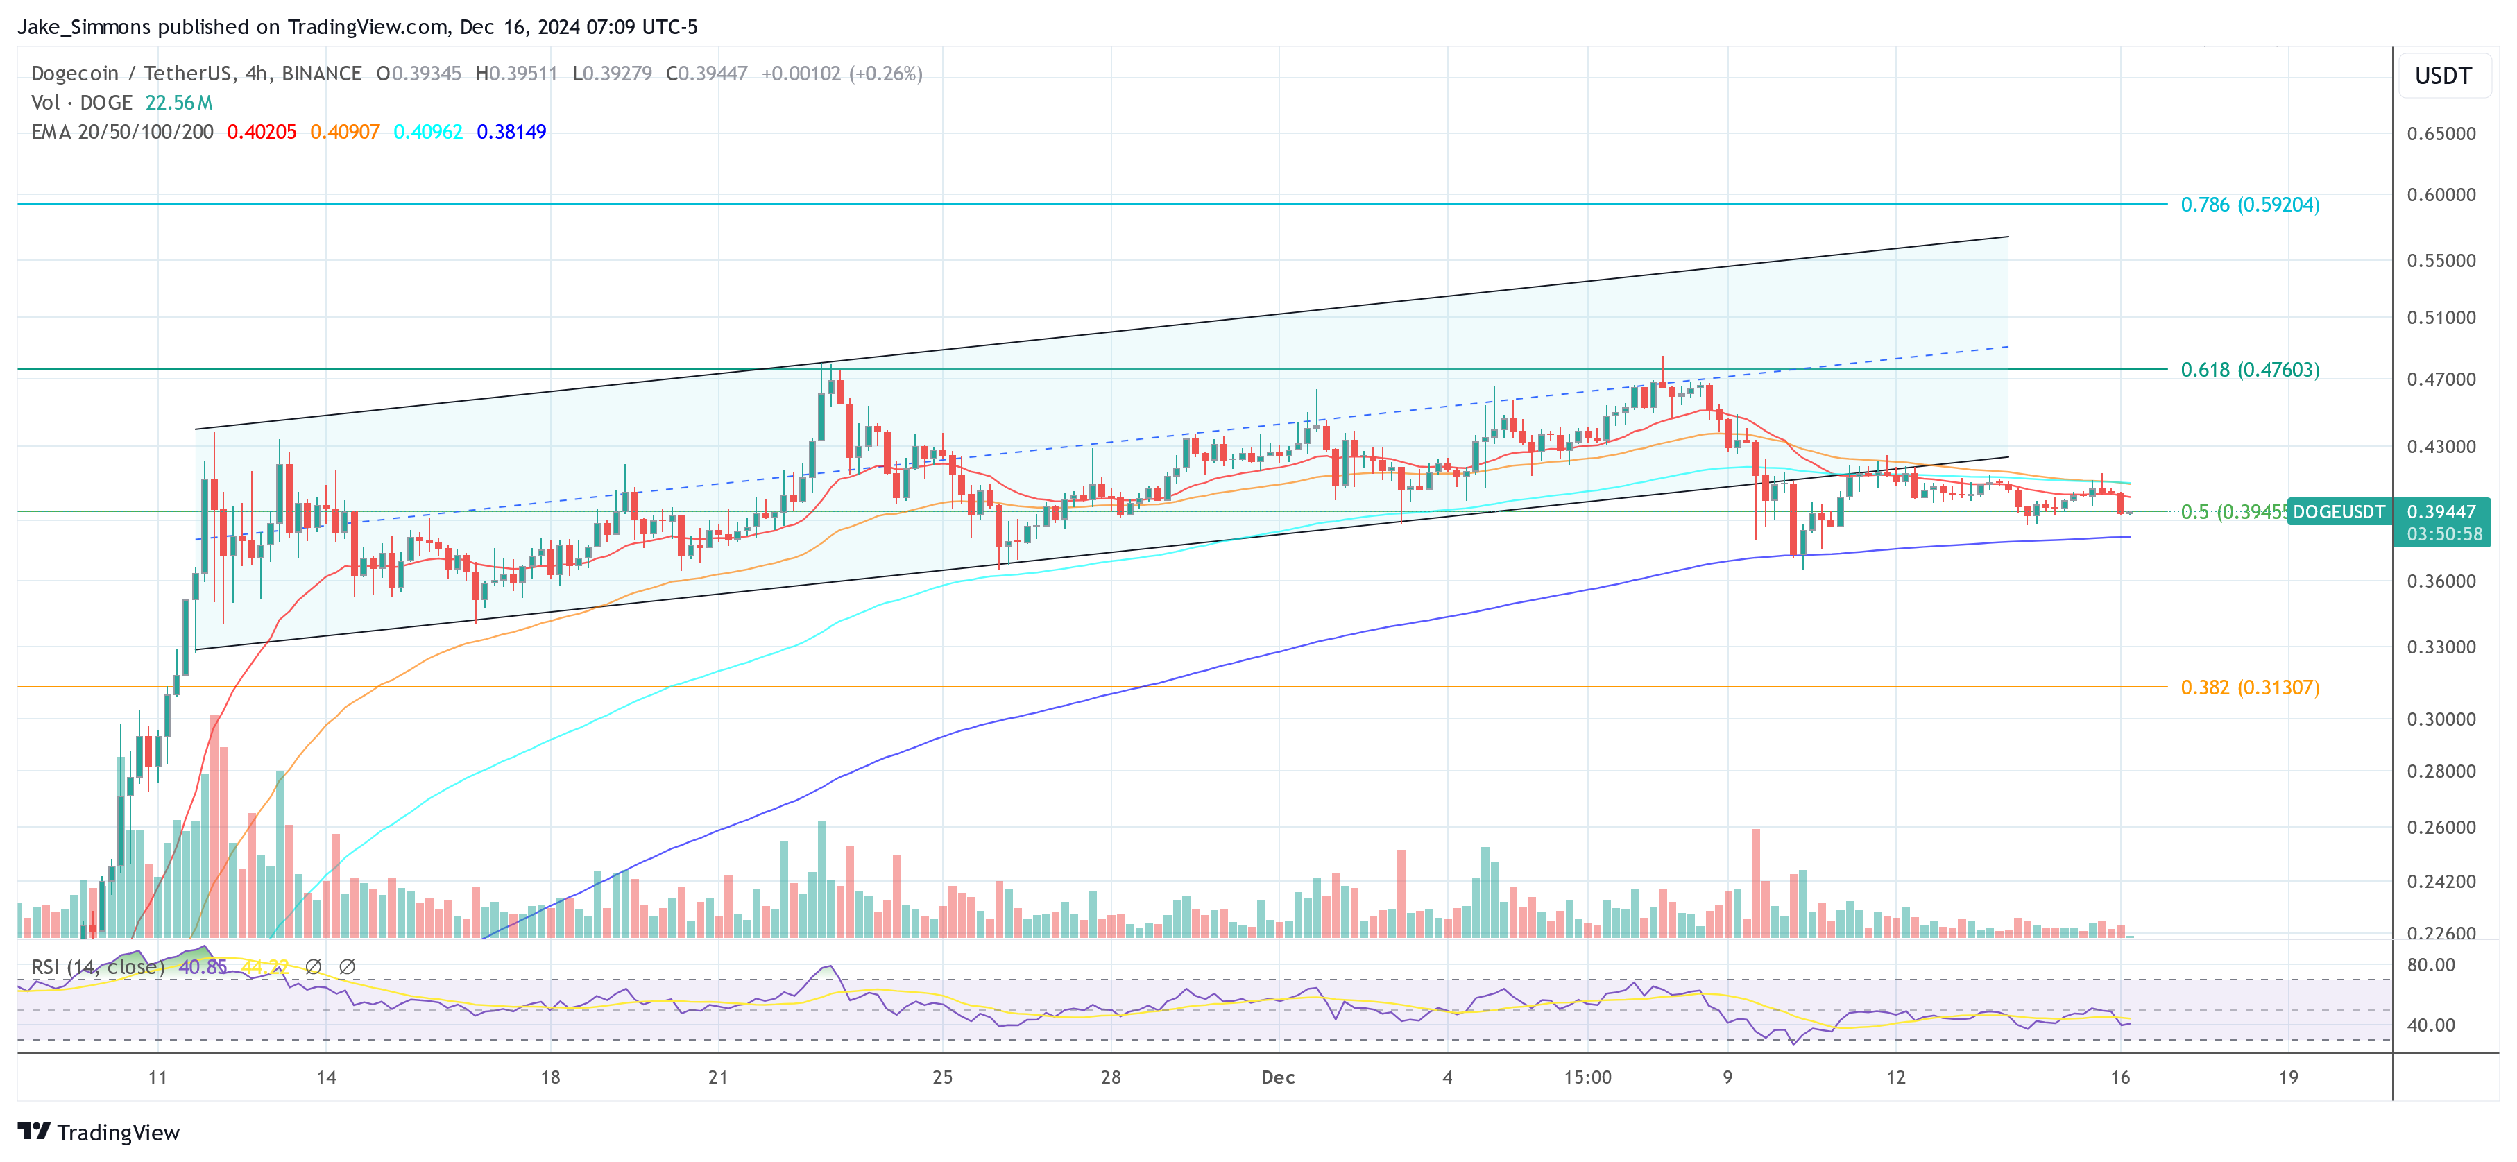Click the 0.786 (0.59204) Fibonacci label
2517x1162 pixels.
pos(2249,204)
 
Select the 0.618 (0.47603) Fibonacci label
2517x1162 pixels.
pos(2249,370)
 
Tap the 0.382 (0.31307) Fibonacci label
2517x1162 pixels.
pos(2249,687)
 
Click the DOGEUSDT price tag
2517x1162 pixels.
pos(2338,512)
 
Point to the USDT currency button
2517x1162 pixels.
pos(2443,76)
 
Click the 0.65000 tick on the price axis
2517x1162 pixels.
pos(2441,134)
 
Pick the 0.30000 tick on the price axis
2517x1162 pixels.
pos(2441,719)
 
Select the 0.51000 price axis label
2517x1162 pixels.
pos(2441,318)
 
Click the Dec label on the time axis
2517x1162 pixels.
pos(1277,1077)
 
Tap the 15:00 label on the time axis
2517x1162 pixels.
pos(1587,1077)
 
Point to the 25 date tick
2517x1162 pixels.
pos(942,1077)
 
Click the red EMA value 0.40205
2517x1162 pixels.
pos(261,132)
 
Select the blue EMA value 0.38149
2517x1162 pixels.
pos(511,132)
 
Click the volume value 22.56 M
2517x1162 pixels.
pos(179,103)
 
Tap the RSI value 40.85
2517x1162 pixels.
pos(203,966)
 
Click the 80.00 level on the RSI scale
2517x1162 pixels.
pos(2431,964)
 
